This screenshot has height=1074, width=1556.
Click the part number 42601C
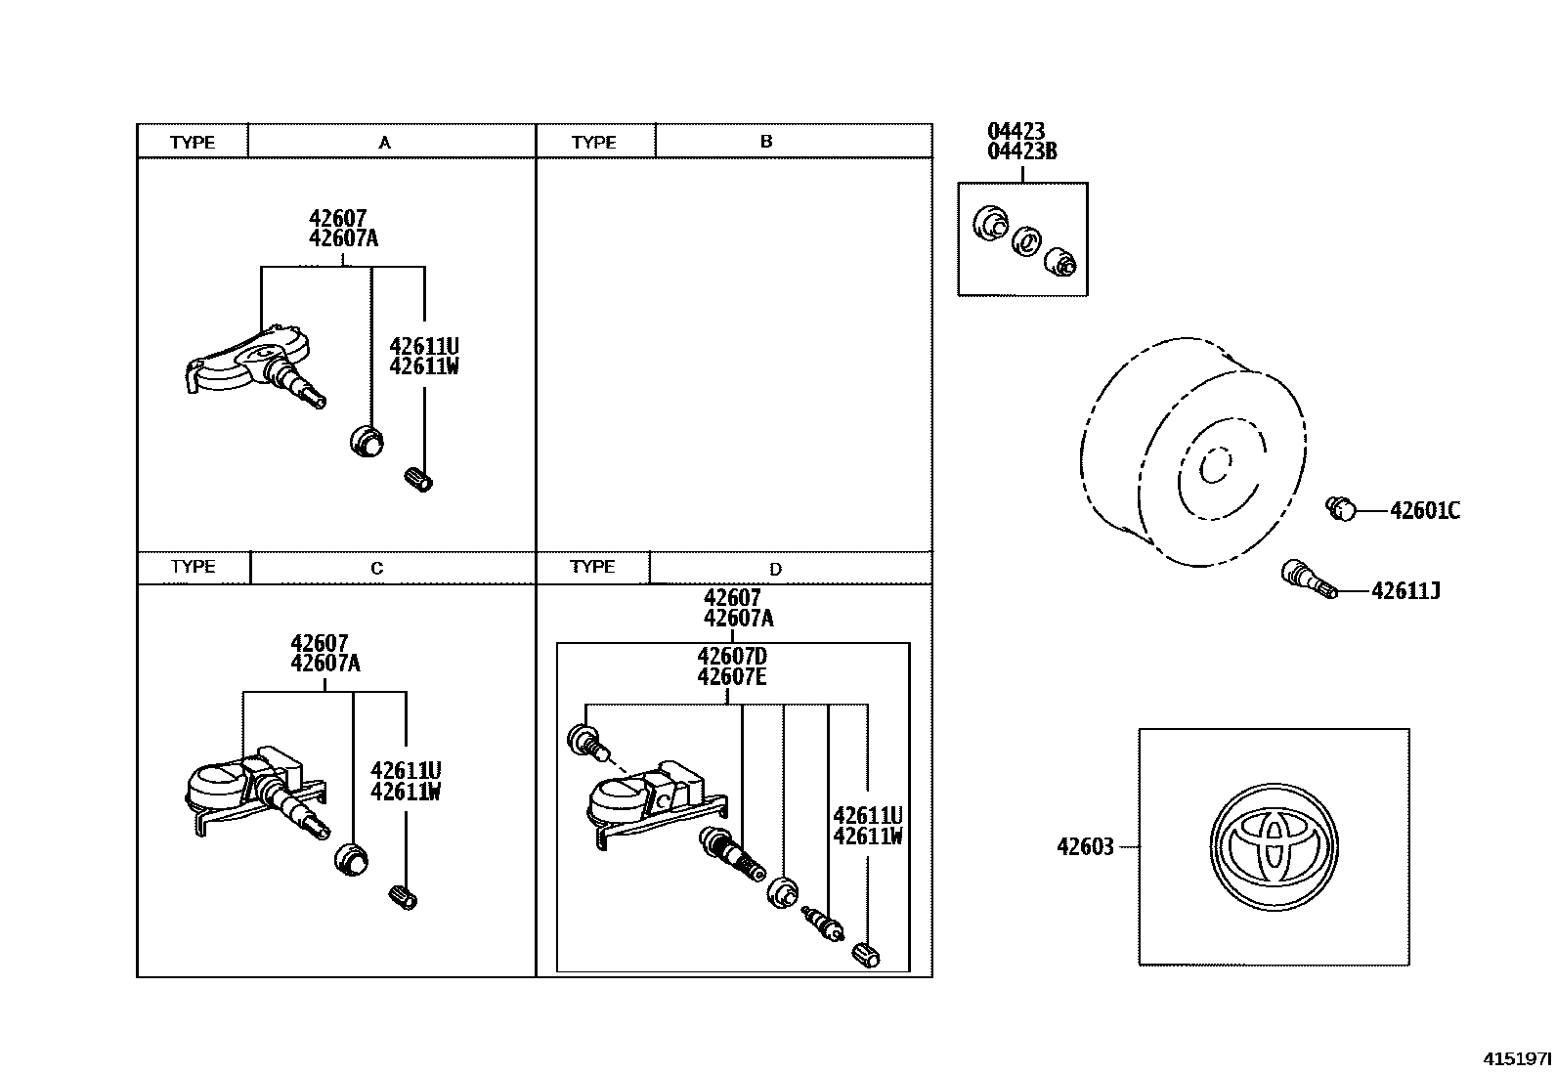tap(1424, 511)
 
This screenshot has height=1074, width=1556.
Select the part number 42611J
tap(1405, 591)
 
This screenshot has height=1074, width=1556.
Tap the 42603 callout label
tap(1085, 847)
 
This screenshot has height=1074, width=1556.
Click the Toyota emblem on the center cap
tap(1274, 846)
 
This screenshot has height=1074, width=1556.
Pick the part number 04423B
tap(1021, 151)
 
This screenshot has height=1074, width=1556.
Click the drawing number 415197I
tap(1516, 1058)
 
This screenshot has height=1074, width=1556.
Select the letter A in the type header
tap(385, 143)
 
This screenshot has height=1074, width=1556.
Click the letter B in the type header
tap(766, 142)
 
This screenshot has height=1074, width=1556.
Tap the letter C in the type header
tap(377, 568)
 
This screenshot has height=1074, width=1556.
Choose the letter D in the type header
tap(775, 569)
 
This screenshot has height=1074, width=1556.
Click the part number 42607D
tap(731, 656)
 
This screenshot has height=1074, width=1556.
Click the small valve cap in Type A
tap(418, 479)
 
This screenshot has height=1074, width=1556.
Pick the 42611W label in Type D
tap(867, 837)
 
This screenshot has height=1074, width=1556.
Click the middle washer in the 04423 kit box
tap(1024, 240)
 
